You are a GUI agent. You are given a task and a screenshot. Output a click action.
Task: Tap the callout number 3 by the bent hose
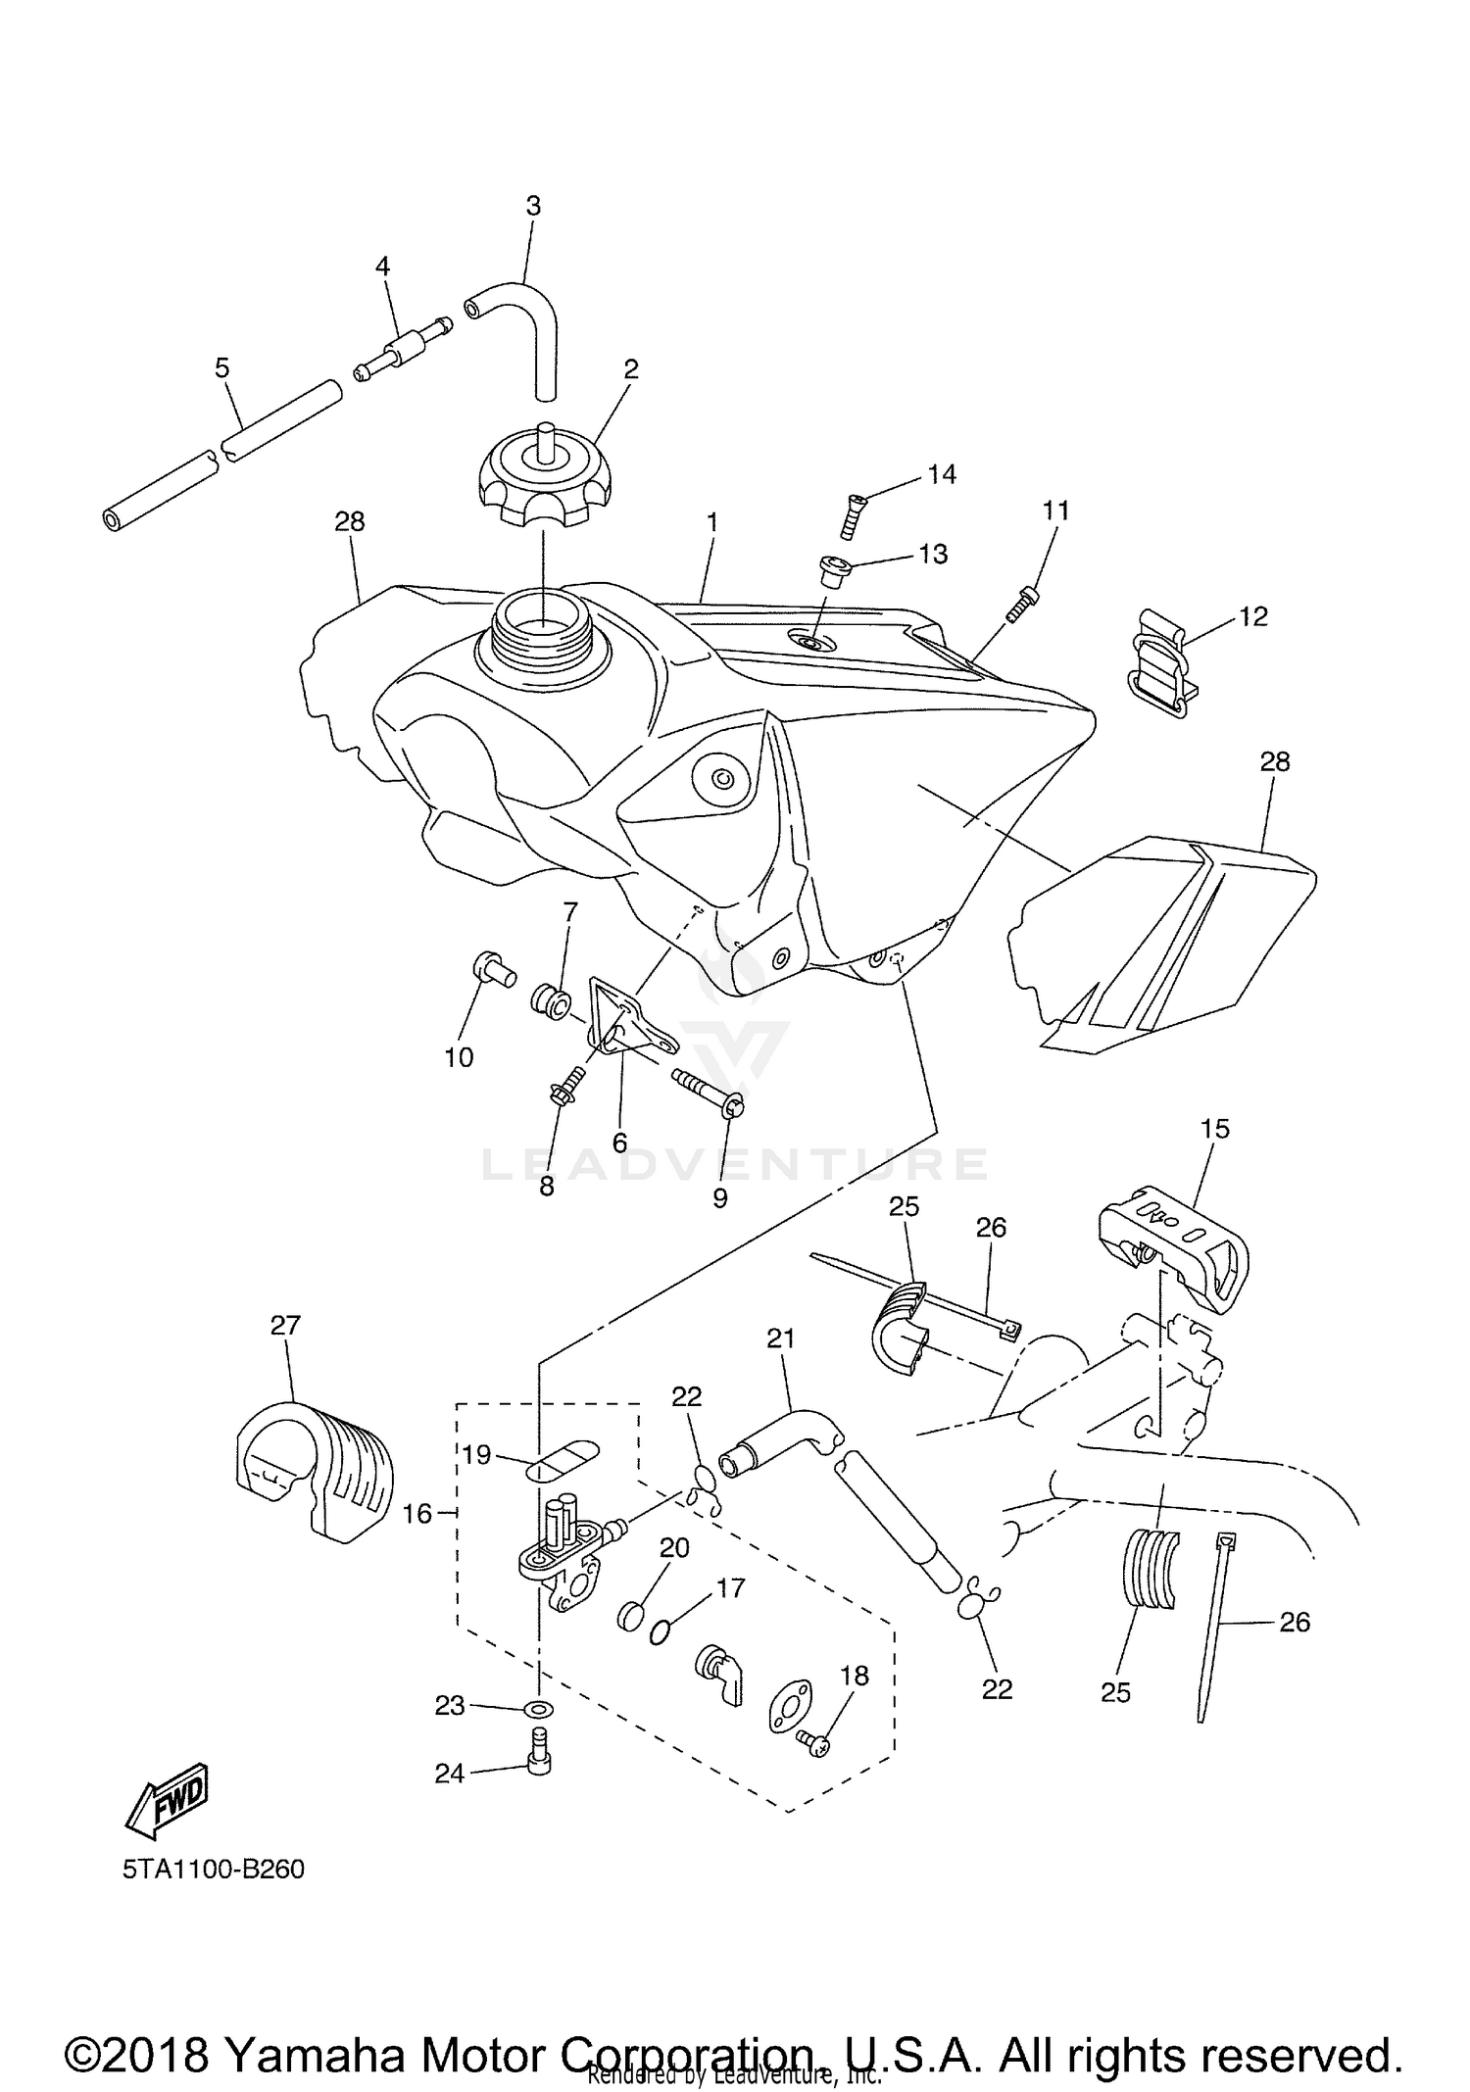(533, 206)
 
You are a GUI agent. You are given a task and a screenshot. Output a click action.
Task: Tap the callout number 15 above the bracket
(1214, 1129)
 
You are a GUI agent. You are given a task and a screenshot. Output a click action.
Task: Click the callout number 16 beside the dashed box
(416, 1514)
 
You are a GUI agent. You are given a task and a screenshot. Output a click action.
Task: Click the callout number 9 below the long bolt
(720, 1198)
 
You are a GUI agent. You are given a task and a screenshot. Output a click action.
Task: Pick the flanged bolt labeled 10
(493, 970)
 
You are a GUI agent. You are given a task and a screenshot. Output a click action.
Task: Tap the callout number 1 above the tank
(712, 523)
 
